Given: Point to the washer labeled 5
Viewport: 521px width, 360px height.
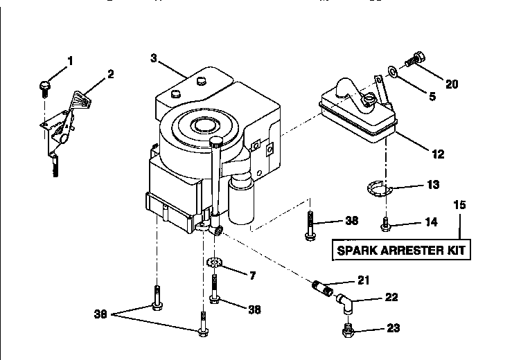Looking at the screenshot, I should (x=392, y=71).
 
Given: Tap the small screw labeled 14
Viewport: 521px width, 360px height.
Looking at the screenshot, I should (x=386, y=224).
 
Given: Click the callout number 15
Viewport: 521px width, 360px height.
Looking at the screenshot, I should (x=459, y=206).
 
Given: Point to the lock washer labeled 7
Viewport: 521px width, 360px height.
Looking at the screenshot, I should (x=214, y=264).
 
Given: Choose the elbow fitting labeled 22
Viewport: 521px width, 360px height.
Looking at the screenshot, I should (x=346, y=303).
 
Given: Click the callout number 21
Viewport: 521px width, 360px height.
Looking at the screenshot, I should (x=363, y=280).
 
